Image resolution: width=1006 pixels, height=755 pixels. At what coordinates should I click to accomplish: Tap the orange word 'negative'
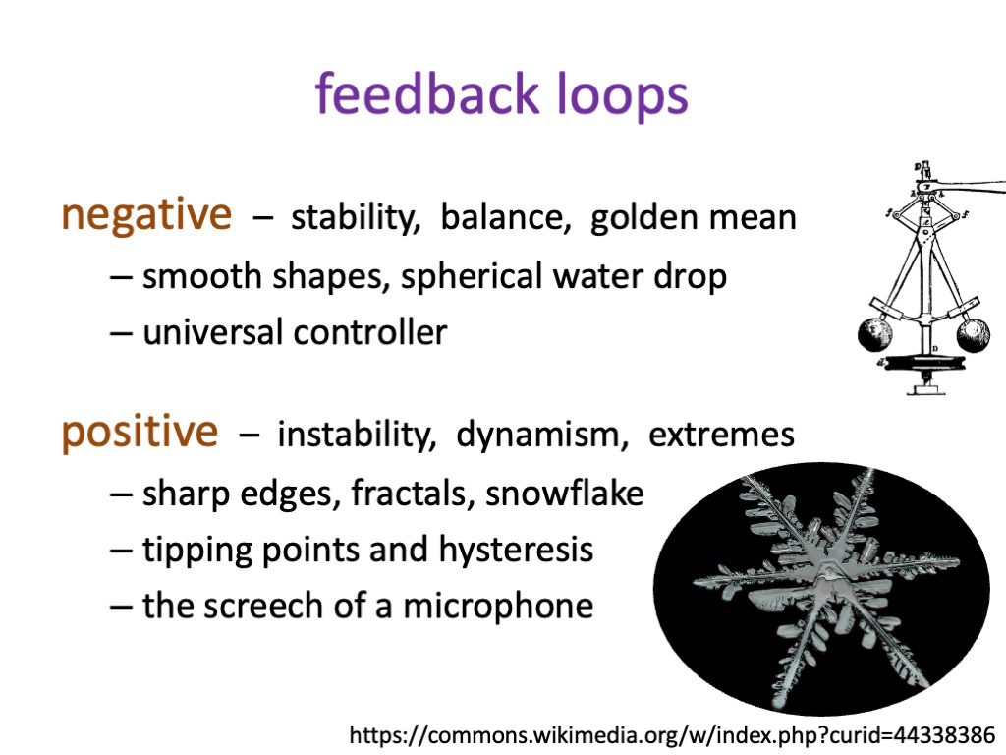pos(146,215)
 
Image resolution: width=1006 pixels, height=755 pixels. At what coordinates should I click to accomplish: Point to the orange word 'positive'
pos(140,433)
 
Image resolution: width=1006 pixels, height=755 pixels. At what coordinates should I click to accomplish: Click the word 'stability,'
pos(356,217)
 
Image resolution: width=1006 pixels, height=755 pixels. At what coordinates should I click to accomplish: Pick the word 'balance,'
pos(506,217)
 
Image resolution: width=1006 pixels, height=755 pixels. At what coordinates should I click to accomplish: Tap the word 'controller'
pos(370,332)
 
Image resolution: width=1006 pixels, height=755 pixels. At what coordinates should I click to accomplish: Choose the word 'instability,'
pos(356,435)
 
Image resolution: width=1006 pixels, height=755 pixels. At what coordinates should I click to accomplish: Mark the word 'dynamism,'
pos(542,436)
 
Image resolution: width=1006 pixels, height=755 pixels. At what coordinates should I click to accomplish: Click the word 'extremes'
pos(722,436)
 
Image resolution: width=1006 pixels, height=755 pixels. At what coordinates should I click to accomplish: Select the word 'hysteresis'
pos(516,551)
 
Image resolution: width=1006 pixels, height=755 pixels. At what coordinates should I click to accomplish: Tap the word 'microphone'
pos(498,607)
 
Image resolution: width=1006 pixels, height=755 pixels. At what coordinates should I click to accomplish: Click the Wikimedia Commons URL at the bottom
pos(672,734)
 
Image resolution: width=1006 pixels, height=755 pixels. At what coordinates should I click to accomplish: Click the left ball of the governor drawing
pos(874,335)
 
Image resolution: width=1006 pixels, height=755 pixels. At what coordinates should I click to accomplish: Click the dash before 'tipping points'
pos(121,551)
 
